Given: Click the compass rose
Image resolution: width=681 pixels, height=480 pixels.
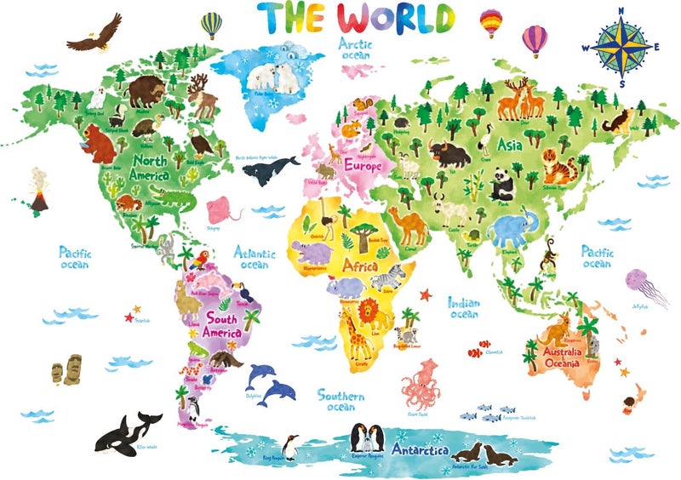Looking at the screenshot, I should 621,47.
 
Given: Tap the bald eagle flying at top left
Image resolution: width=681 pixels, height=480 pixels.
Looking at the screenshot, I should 90,37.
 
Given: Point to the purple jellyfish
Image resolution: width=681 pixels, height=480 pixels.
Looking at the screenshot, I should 636,282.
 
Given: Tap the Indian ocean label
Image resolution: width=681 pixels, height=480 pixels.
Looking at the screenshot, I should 465,308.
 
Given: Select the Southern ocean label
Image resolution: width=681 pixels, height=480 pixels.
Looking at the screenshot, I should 341,401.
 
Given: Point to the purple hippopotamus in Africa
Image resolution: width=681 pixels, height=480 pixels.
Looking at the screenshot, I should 307,252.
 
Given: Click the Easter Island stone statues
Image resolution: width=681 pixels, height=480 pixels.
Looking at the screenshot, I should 64,370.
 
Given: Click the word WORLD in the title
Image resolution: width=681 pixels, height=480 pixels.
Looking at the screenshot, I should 397,18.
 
